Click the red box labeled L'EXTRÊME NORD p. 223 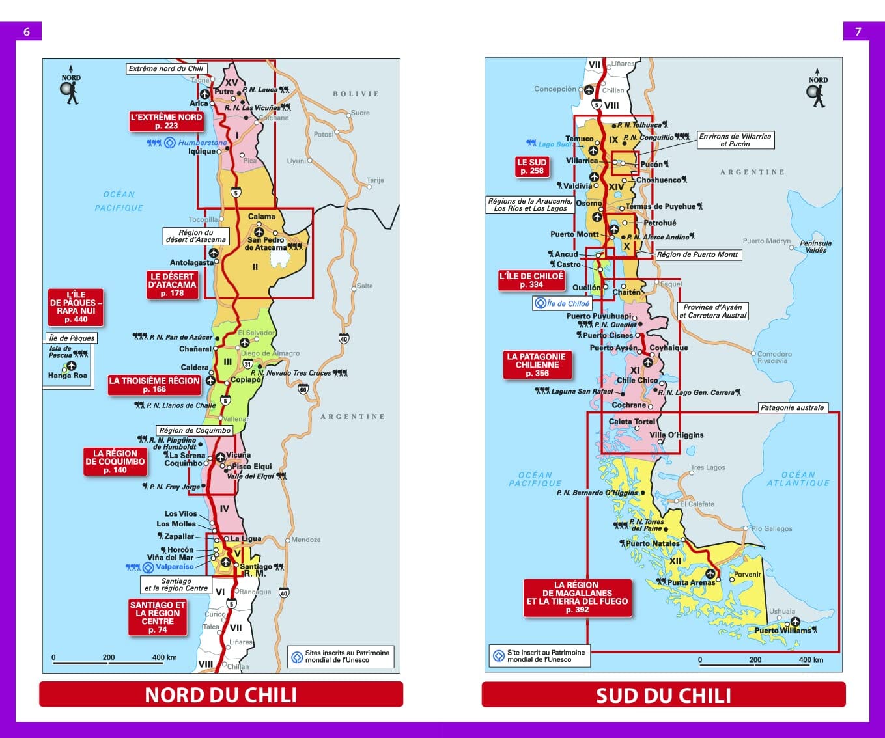(166, 122)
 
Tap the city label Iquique (202, 152)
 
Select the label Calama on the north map (261, 217)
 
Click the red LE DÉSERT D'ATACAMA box (172, 285)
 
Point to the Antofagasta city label (191, 263)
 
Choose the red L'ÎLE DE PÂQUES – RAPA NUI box (76, 307)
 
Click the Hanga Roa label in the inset (67, 376)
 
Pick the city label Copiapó (246, 380)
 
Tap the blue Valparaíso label (175, 567)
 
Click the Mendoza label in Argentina (306, 540)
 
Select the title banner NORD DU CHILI (221, 694)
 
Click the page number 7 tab (858, 31)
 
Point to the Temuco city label (579, 139)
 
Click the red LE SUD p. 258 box (531, 167)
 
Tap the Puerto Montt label (574, 234)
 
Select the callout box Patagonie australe (792, 408)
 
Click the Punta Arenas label (691, 582)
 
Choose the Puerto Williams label (782, 630)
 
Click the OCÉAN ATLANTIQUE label (798, 479)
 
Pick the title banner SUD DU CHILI (663, 694)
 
